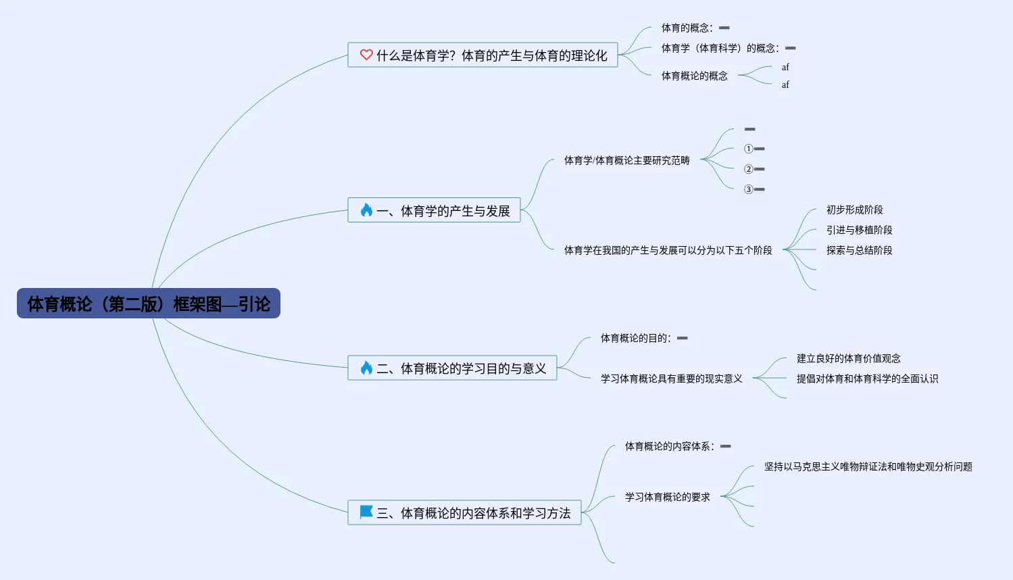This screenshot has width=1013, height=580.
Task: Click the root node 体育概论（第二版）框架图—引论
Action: click(149, 304)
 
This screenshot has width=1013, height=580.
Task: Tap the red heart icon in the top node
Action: click(366, 55)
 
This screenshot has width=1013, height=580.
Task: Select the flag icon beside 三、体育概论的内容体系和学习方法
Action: click(366, 512)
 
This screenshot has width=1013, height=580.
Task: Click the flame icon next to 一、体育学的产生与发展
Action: click(366, 210)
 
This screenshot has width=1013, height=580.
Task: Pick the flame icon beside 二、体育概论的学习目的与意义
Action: click(366, 368)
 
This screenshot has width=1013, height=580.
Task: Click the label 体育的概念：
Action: click(687, 28)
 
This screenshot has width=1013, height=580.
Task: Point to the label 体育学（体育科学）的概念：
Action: click(720, 48)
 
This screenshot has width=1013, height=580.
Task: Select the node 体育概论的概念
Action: click(694, 76)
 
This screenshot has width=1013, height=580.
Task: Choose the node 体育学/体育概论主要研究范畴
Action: click(626, 160)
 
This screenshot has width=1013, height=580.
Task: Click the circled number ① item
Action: click(749, 149)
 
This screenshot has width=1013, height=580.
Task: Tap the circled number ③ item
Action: click(749, 189)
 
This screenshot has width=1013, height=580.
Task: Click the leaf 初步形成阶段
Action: click(854, 210)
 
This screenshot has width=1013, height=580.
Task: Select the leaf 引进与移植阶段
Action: click(859, 230)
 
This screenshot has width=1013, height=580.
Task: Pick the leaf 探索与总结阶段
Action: click(859, 250)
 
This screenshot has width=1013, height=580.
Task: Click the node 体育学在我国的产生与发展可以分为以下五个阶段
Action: click(668, 250)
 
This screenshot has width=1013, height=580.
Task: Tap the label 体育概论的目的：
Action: click(635, 338)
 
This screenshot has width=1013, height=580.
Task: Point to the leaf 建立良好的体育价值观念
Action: click(848, 358)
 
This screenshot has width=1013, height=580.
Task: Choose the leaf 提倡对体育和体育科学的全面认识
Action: click(867, 379)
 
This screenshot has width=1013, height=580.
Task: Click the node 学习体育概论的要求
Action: click(667, 497)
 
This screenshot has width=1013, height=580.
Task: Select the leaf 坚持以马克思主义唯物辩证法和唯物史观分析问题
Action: click(868, 466)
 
